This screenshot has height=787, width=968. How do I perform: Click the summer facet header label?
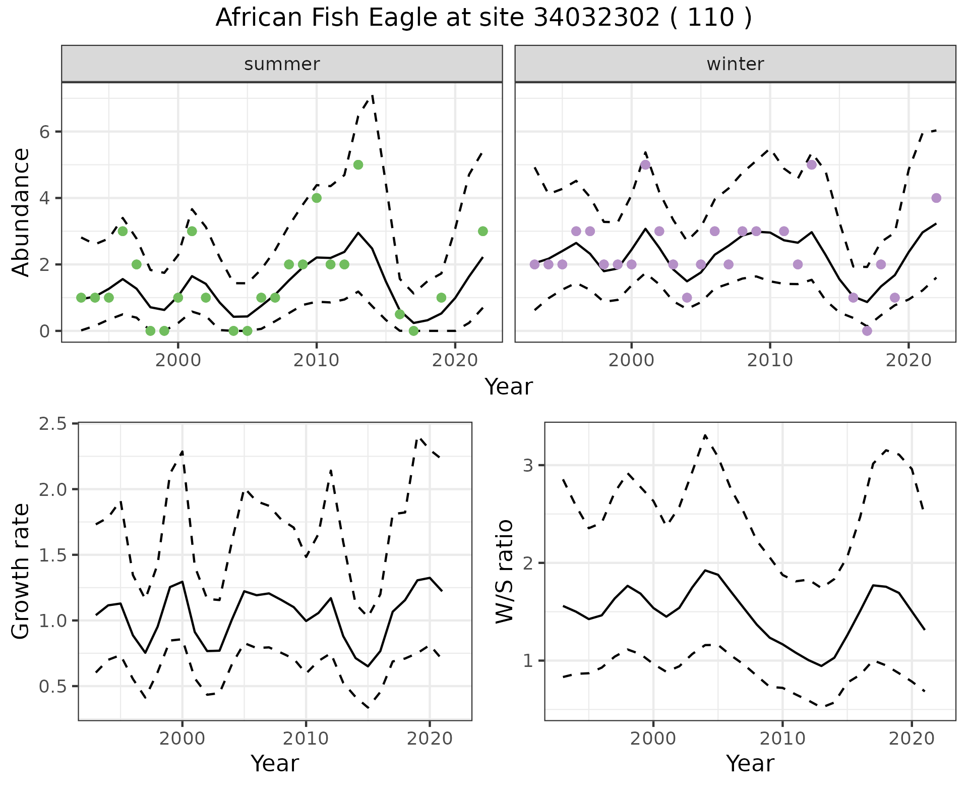coord(282,64)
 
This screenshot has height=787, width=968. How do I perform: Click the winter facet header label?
coord(735,64)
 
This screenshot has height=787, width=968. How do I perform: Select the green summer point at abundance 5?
coord(358,164)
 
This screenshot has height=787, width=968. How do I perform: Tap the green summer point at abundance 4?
coord(317,198)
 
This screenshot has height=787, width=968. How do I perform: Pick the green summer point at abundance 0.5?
coord(400,314)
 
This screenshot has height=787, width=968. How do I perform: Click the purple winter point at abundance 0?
coord(867,331)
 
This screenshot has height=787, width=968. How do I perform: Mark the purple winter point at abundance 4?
coord(936,198)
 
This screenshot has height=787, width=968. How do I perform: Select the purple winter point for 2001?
coord(645,164)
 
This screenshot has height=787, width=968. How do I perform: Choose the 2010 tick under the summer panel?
coord(316,361)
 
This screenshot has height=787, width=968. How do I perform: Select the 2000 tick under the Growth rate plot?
coord(182,739)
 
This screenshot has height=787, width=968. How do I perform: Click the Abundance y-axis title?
coord(21,212)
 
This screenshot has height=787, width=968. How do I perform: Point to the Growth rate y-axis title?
coord(21,571)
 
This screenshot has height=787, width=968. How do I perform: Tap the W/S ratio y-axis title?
coord(504,571)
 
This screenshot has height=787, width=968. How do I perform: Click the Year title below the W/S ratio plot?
coord(750,764)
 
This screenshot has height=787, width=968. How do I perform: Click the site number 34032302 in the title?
coord(596,18)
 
